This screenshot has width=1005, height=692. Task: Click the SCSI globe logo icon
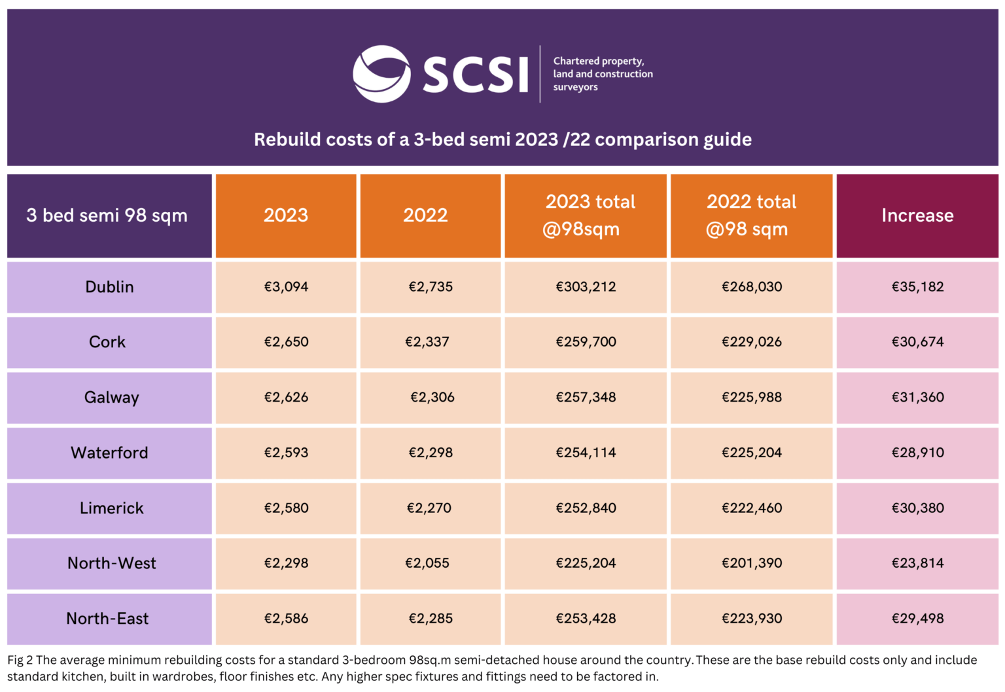pyautogui.click(x=381, y=74)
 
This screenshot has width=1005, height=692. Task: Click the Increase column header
pyautogui.click(x=917, y=215)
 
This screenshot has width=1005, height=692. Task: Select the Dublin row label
pyautogui.click(x=109, y=286)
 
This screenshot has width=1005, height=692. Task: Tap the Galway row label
pyautogui.click(x=111, y=397)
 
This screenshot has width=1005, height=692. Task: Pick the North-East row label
pyautogui.click(x=107, y=618)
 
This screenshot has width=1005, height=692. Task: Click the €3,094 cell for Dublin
pyautogui.click(x=286, y=286)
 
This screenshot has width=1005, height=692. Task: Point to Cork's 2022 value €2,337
pyautogui.click(x=427, y=341)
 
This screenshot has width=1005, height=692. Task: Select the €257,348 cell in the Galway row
pyautogui.click(x=586, y=397)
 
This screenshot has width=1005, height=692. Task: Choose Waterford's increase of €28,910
pyautogui.click(x=917, y=453)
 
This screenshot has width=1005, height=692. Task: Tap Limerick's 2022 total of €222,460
pyautogui.click(x=752, y=508)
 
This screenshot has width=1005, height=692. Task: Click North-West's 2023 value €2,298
pyautogui.click(x=286, y=563)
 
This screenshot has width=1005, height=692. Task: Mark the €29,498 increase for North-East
pyautogui.click(x=917, y=618)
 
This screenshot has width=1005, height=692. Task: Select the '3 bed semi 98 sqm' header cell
pyautogui.click(x=107, y=215)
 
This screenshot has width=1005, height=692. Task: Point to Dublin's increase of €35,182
pyautogui.click(x=917, y=286)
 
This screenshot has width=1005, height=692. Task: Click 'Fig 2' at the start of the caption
pyautogui.click(x=20, y=660)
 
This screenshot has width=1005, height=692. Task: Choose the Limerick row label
pyautogui.click(x=111, y=508)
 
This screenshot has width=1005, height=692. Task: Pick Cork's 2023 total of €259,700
pyautogui.click(x=586, y=341)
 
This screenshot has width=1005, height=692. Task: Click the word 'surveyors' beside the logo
pyautogui.click(x=575, y=87)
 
